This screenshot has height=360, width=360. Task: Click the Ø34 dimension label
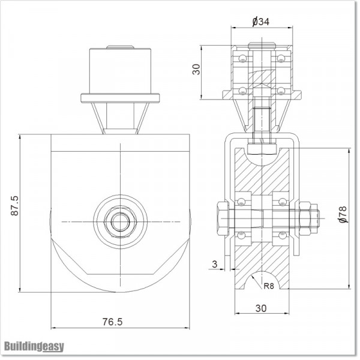[x=262, y=22]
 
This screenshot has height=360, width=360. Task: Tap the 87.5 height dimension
[x=17, y=205]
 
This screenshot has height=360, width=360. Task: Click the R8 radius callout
[x=268, y=286]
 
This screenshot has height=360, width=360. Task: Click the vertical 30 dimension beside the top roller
[x=196, y=68]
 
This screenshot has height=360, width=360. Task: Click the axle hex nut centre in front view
[x=120, y=220]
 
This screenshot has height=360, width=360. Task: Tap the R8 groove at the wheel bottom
[x=261, y=282]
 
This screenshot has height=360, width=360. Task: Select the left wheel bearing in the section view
[x=242, y=215]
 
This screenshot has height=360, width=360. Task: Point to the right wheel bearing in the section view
[x=280, y=215]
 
